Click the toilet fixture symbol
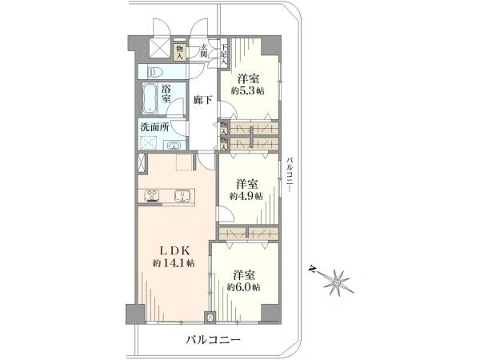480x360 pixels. point(155,73)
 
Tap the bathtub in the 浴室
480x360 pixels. point(150,98)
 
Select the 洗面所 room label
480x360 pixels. point(154,127)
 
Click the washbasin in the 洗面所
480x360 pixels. point(174,145)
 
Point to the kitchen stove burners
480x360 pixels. point(152,196)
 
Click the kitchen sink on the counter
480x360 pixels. point(182,196)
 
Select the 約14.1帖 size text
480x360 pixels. point(174,263)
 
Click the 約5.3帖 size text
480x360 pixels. point(248,91)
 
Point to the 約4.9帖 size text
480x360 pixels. point(246,196)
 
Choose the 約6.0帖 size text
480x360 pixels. point(244,287)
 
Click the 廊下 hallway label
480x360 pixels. point(202,100)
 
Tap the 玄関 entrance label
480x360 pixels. point(204,51)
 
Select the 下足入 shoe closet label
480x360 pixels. point(224,54)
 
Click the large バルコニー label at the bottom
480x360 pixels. point(214,340)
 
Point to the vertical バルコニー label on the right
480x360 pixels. point(290,174)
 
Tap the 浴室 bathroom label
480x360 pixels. point(166,94)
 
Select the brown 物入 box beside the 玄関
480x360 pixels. point(180,52)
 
